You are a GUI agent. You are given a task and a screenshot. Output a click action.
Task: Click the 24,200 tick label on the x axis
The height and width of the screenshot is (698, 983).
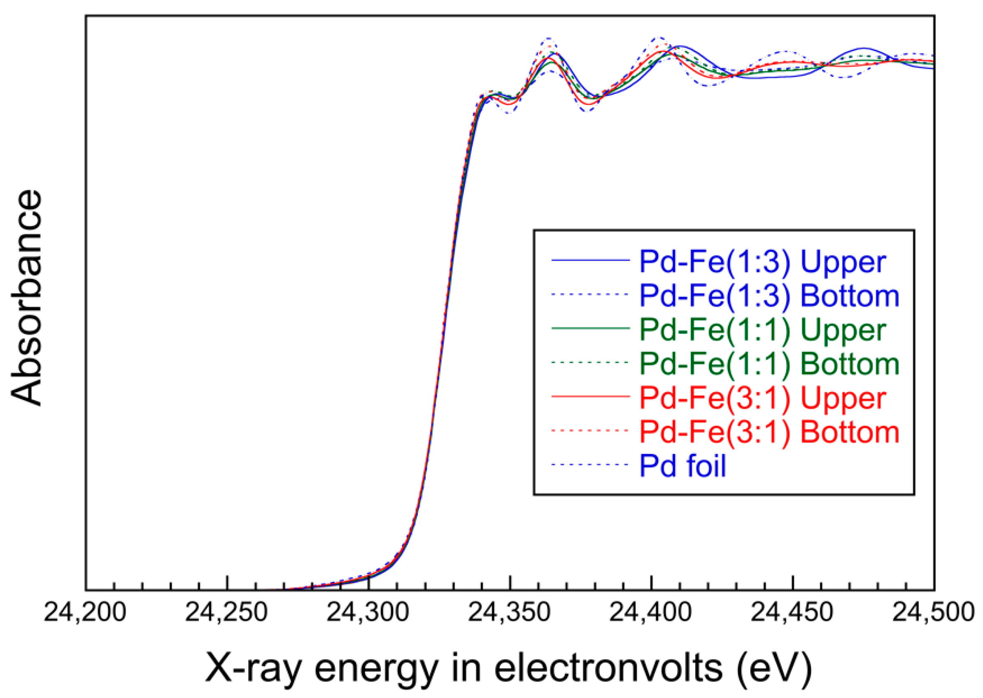[x=85, y=612]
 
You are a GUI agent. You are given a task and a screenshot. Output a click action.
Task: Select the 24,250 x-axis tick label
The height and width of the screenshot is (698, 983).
[x=226, y=612]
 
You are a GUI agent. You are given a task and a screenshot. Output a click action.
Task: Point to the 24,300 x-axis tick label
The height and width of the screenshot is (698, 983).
[x=368, y=612]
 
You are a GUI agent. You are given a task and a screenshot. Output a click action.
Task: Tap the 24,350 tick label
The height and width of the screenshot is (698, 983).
[x=509, y=612]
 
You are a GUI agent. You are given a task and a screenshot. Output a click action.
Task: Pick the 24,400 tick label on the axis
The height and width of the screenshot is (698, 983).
[x=651, y=612]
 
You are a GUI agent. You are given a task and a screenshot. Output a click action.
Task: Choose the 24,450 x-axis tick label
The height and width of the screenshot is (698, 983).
[x=792, y=612]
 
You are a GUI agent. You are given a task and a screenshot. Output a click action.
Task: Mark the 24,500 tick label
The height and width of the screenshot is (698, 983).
[x=933, y=612]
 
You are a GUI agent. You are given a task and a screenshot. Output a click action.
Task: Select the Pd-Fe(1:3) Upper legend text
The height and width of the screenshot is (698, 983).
[x=762, y=261]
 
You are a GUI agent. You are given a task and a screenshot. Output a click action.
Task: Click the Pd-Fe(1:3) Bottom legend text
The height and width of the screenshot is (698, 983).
[x=769, y=296]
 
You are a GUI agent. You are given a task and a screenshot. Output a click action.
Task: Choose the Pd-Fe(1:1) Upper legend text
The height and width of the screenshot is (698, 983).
[x=762, y=330]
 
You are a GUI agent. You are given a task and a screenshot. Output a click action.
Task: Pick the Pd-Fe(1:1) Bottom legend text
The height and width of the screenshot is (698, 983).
[x=769, y=364]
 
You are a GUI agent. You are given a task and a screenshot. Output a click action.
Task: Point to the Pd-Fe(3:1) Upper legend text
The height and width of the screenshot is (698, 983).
[x=762, y=398]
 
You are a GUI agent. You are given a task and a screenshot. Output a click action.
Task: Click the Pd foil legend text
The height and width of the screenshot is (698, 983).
[x=683, y=465]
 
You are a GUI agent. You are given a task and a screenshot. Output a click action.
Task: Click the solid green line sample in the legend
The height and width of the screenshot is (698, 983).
[x=590, y=328]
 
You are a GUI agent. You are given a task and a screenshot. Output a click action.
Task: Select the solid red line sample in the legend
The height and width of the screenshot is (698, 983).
[x=590, y=396]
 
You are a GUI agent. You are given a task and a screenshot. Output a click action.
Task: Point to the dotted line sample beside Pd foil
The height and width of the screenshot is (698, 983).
[x=590, y=464]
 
